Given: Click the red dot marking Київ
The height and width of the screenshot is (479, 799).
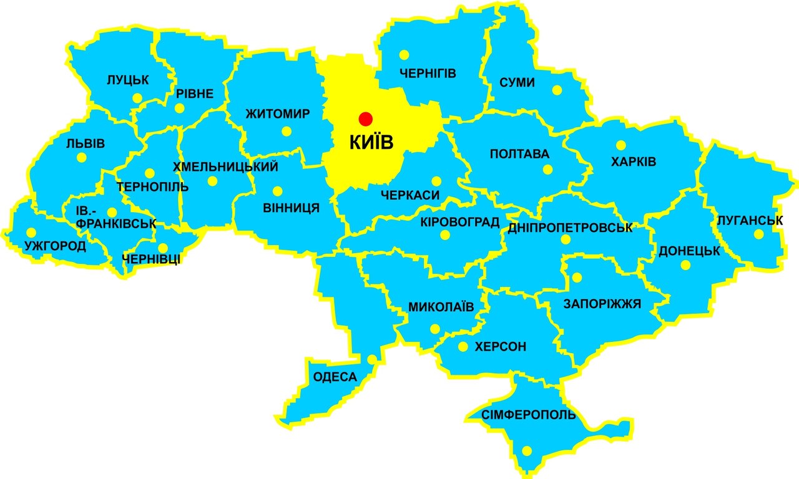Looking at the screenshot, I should coord(365,119).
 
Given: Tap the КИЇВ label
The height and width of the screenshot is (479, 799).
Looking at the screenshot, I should coord(371,143).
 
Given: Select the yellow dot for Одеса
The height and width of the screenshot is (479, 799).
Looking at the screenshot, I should coord(372,359).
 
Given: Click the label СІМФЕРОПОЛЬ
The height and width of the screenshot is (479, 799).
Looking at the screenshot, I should coord(528,415).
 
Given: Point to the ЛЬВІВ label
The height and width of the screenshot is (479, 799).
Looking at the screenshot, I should coord(86,143).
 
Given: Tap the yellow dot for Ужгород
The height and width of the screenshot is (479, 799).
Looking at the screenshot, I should coord(31,232).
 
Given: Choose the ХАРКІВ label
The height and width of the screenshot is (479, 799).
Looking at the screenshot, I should coord(634,162).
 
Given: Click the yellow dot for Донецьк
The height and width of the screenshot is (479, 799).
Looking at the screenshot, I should coord(685,265).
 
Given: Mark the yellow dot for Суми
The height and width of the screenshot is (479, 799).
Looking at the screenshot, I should coord(557,90).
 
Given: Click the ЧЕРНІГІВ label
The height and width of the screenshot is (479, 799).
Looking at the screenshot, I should coord(428,74).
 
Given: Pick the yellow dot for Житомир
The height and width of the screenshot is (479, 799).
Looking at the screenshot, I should coord(287,131).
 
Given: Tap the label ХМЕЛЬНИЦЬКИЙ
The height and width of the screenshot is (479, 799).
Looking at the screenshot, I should coord(225,167).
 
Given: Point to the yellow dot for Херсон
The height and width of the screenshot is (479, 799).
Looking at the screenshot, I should coord(463,347).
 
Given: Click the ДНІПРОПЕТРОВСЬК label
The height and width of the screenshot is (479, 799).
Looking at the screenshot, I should coord(570,228).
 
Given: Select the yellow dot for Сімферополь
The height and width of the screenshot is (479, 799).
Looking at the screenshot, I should coord(527,450).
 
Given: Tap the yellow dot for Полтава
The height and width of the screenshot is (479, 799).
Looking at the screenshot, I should coord(547,169).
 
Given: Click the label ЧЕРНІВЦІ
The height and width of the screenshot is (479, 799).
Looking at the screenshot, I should coord(152,259).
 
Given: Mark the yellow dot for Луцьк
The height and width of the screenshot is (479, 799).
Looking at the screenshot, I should coord(136,98).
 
